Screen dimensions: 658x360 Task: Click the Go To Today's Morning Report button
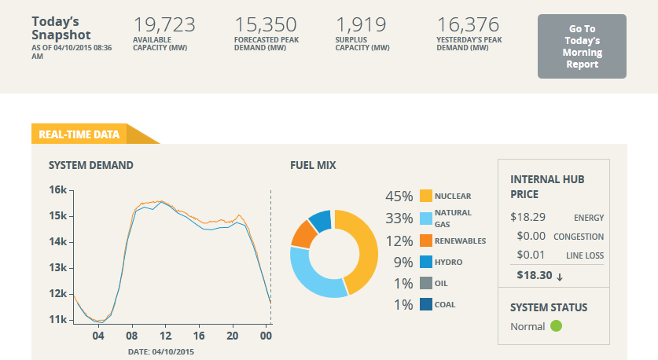582,46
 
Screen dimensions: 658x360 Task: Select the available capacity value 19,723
164,24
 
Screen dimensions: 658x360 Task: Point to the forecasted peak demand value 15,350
265,24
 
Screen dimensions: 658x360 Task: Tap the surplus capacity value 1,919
361,24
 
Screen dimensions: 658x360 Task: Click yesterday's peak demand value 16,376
468,24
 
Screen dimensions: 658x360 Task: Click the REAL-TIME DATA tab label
79,134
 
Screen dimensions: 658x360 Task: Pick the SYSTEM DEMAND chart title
90,165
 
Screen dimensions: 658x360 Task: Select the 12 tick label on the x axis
165,336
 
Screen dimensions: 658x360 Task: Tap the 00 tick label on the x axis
266,336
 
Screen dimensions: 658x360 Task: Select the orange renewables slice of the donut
303,234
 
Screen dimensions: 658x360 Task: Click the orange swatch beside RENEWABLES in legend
426,241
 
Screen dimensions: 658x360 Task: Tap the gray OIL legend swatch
426,283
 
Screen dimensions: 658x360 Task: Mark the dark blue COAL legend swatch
426,304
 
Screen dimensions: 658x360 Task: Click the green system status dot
556,325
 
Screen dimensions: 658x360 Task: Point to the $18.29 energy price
528,217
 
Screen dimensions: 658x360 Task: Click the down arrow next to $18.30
560,277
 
